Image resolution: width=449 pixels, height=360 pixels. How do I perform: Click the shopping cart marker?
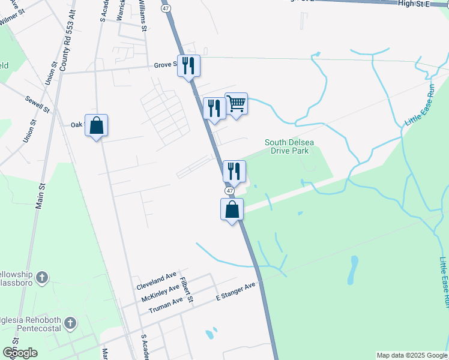coord(237,104)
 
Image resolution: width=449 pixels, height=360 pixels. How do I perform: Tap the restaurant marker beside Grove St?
coord(188,66)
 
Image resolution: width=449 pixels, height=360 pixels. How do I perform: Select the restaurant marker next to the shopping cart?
coord(214,109)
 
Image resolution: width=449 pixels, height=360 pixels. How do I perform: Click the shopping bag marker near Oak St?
coord(96,126)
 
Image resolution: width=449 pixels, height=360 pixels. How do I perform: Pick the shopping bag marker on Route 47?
coord(232,210)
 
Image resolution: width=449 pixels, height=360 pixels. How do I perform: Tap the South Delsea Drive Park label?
coord(289,146)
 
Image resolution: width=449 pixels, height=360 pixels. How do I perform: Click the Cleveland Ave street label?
coord(157,280)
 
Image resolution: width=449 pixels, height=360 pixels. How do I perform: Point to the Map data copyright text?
coord(411,355)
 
